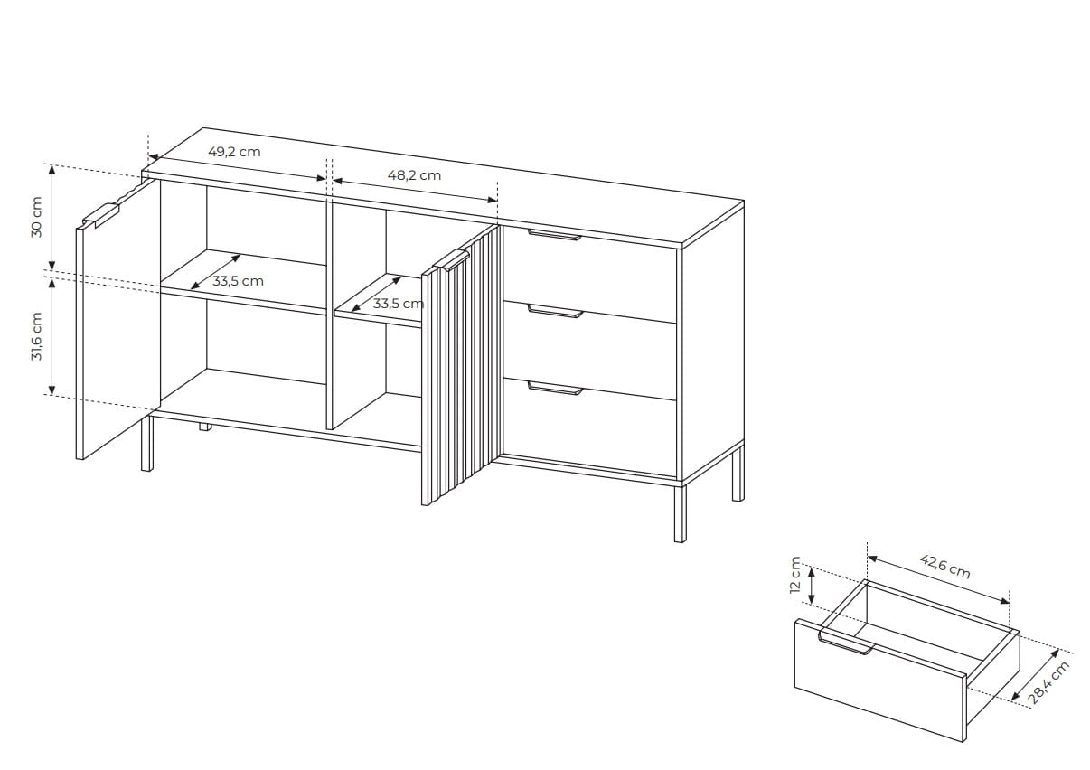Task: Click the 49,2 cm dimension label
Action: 235,152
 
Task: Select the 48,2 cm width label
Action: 414,175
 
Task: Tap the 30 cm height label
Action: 37,217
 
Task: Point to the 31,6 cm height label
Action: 37,336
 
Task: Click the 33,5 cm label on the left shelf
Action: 238,281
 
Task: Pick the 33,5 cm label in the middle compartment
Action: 398,304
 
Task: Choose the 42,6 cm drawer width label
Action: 945,567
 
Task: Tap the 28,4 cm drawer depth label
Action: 1049,682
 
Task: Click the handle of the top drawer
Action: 554,235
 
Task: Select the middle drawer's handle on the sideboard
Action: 555,311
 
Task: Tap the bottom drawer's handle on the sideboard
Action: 555,388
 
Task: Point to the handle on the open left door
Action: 100,216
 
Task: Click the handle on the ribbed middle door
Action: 451,259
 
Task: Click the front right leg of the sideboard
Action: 681,513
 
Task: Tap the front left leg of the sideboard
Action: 146,444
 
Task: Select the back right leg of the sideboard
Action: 738,474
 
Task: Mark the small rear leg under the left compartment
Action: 205,427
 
